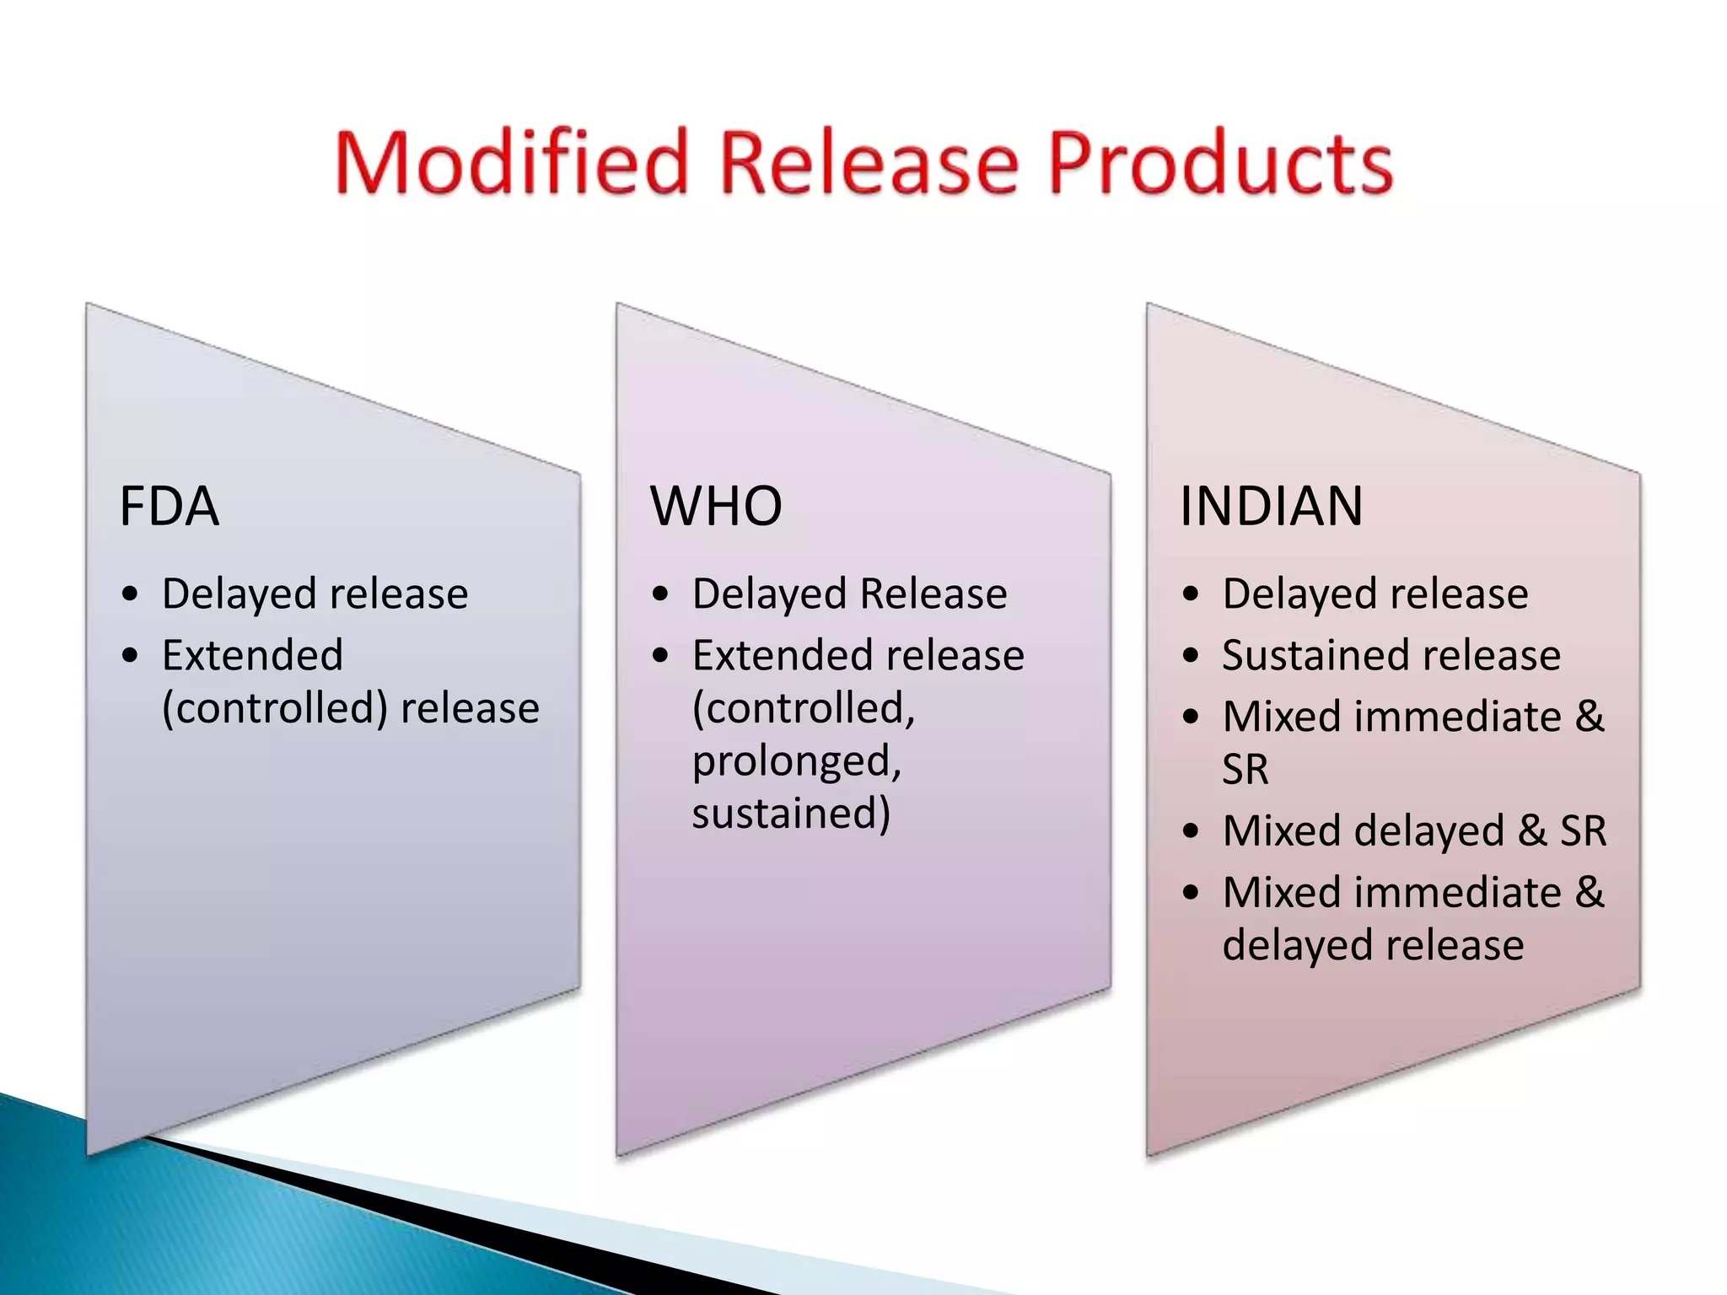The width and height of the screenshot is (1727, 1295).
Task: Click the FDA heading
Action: pos(169,506)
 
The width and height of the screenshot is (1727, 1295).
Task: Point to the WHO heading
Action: pos(716,506)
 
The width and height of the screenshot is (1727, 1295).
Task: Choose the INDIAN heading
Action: pos(1271,506)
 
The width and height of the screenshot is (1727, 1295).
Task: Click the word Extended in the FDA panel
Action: pos(252,655)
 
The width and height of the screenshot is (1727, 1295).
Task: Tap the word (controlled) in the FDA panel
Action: pos(275,708)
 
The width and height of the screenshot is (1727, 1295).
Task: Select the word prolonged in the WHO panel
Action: pos(797,761)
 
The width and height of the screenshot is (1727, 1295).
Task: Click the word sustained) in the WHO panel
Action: pos(791,814)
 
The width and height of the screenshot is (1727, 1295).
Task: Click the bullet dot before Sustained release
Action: pos(1190,655)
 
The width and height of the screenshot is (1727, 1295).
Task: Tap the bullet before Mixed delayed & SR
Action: pos(1190,831)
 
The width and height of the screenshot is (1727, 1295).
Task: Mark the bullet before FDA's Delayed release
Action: pos(129,594)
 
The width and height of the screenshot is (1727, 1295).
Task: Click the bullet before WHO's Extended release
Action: pos(660,655)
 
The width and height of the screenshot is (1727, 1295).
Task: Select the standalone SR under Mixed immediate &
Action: pos(1245,769)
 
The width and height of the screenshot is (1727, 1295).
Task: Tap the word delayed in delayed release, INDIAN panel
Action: pos(1289,945)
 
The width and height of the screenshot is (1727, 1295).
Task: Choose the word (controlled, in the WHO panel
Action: pos(804,708)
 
